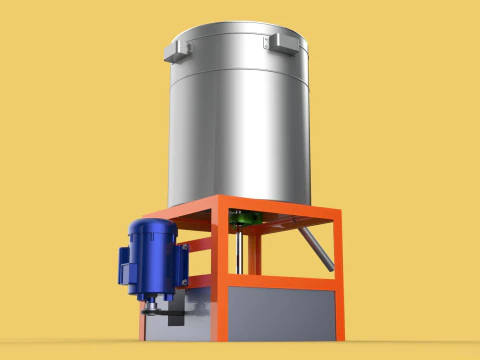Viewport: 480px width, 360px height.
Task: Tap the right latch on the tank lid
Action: point(279,42)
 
